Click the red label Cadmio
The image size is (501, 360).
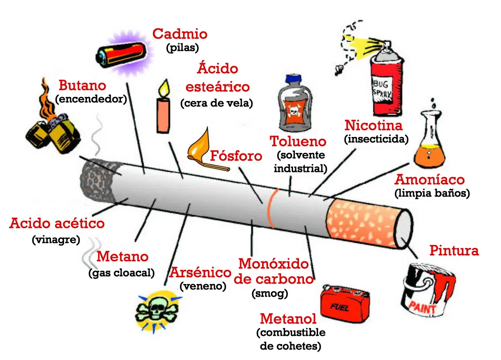(180, 34)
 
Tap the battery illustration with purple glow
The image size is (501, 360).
(121, 53)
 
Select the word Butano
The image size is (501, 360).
(82, 85)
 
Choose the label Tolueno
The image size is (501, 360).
(298, 142)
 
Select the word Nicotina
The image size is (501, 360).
(374, 125)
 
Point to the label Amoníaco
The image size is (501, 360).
(430, 179)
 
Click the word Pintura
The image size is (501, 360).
(454, 250)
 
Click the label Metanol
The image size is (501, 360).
(288, 319)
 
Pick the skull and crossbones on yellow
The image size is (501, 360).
(156, 310)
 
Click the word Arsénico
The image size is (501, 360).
(200, 273)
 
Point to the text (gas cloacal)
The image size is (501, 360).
(121, 273)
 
